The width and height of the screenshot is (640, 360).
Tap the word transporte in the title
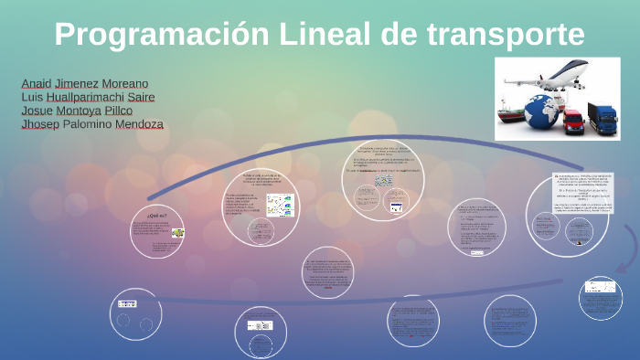coord(505,35)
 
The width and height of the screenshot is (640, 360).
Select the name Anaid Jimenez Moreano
coord(85,83)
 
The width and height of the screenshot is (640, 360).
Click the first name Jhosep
coord(39,124)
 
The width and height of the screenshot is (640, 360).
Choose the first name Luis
coord(31,97)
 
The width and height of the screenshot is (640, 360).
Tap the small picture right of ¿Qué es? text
coord(177,233)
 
